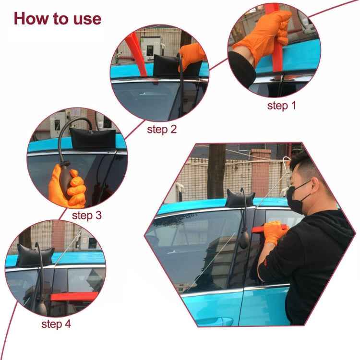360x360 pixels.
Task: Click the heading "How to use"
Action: tap(58, 18)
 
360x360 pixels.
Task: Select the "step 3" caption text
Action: tap(87, 215)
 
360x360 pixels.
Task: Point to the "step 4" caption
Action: tap(56, 324)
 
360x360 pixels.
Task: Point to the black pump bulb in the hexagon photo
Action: tap(244, 239)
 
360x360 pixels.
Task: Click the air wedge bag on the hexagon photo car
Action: tap(240, 198)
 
